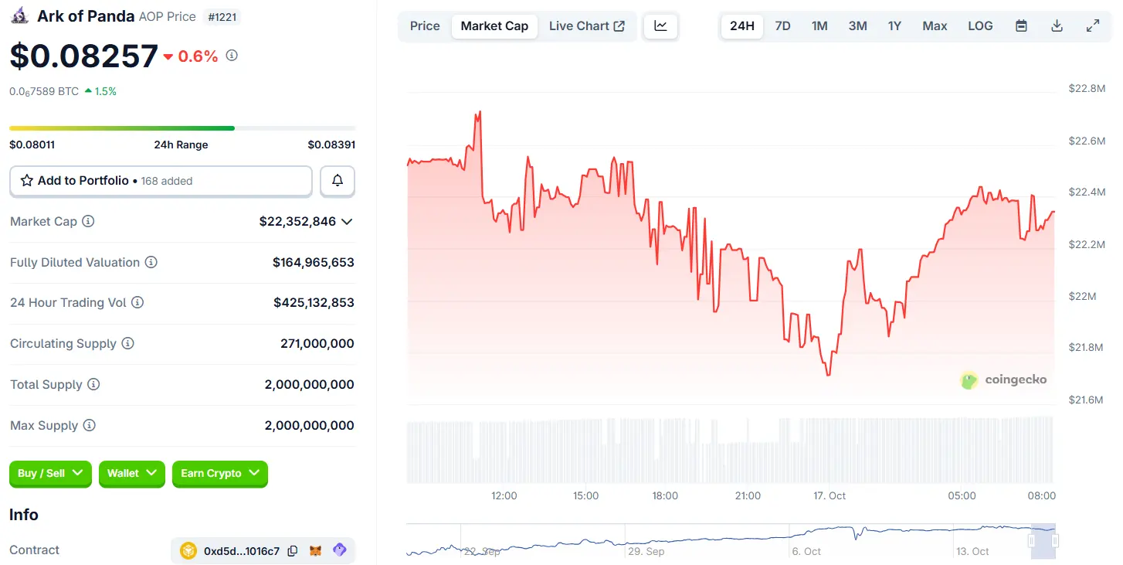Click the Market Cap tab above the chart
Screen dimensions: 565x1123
(494, 26)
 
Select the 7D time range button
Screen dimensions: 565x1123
(782, 26)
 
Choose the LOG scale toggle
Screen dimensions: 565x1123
(980, 26)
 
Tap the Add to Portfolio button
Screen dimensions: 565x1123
(161, 181)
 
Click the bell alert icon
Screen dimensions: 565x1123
(338, 181)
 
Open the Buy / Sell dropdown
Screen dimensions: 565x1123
(51, 473)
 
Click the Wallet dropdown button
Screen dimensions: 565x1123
(132, 473)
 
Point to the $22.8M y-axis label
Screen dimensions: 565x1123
(1087, 88)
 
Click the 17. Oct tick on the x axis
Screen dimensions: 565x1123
(830, 495)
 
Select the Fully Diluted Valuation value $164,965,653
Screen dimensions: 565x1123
(313, 262)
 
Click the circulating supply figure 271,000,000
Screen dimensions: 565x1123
(317, 343)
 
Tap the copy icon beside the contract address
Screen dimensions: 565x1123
(293, 551)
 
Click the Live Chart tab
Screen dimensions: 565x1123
(586, 26)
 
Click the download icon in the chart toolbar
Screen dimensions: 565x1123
(1057, 26)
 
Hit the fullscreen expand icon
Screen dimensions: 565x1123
(1093, 26)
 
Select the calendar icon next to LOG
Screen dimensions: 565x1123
(1021, 26)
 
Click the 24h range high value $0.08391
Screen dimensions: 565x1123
(331, 145)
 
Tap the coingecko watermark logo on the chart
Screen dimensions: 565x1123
(1003, 380)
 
